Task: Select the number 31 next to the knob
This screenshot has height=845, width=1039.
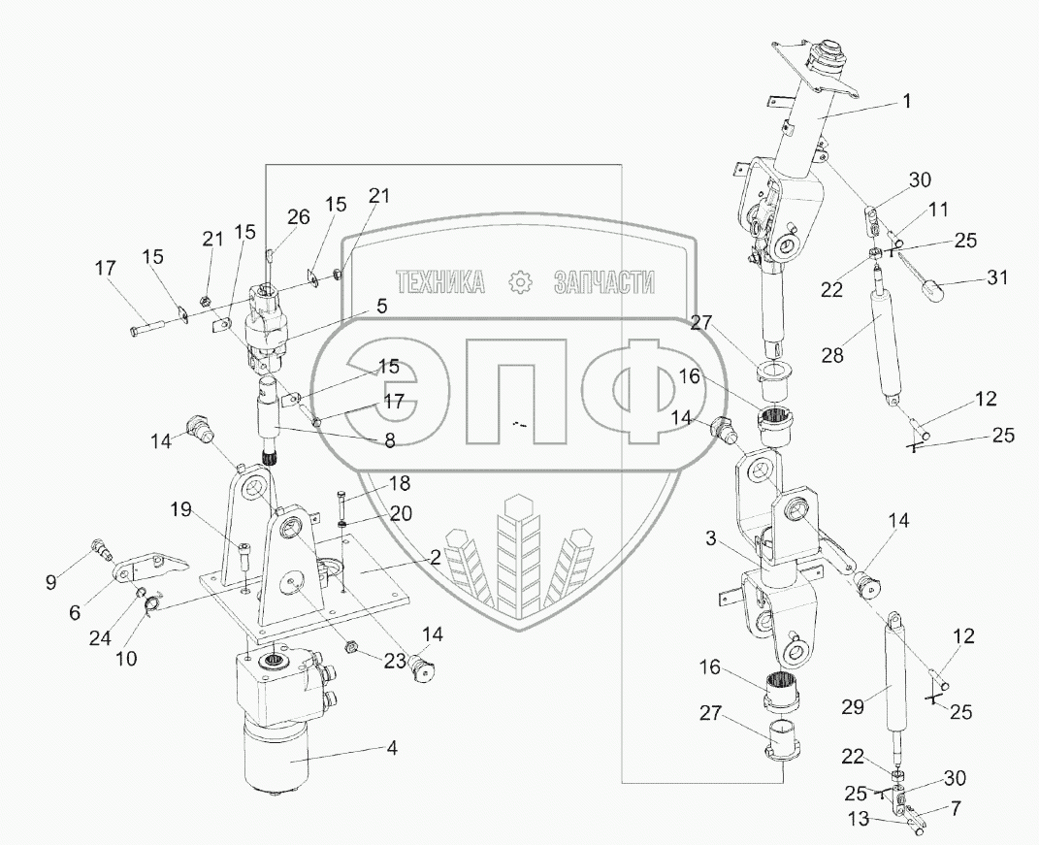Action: tap(997, 277)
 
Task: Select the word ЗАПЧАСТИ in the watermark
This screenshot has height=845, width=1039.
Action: tap(603, 282)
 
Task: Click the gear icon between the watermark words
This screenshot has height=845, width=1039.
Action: tap(522, 283)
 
